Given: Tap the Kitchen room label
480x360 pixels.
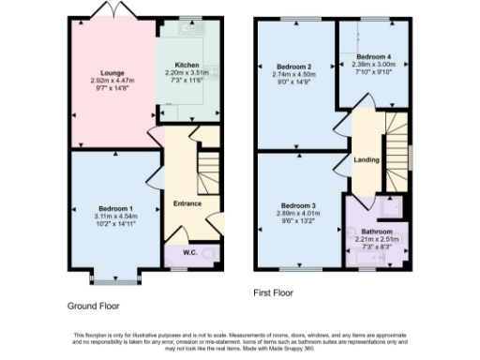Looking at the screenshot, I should pos(187,65).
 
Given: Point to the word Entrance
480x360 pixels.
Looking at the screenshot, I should pos(188,202).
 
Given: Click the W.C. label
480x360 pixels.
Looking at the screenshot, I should pos(188,252).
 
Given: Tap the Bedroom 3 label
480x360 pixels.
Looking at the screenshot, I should pos(295,205).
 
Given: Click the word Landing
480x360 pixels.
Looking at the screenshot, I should pos(366,159).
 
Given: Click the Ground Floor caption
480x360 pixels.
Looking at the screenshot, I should pos(93,306).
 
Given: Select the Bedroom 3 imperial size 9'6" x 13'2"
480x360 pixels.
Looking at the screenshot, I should pos(295,221).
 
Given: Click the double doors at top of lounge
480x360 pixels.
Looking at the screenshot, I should pos(106,11).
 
